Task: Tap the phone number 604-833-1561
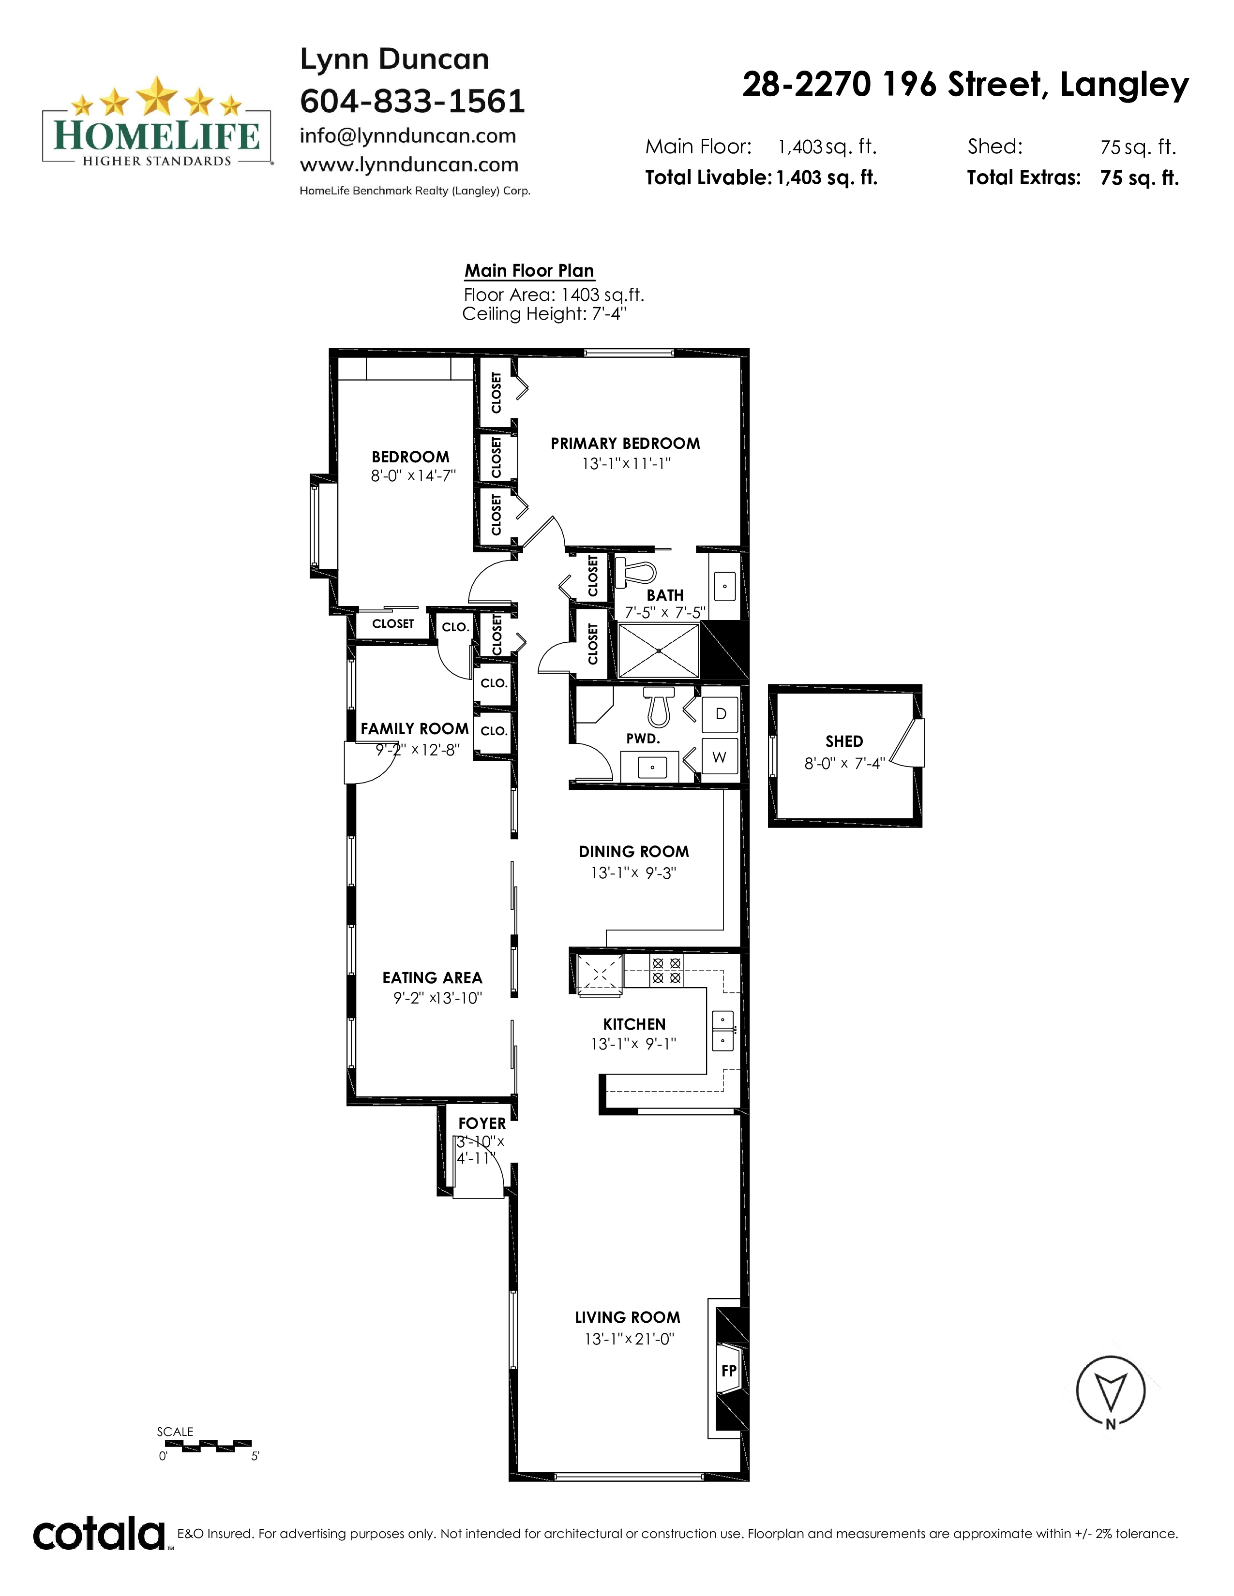412,102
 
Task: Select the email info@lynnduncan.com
408,136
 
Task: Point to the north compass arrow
1111,1392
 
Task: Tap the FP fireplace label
729,1370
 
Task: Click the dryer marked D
720,714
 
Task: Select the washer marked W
720,757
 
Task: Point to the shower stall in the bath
659,650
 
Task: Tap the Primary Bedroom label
625,443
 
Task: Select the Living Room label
627,1317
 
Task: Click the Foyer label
482,1123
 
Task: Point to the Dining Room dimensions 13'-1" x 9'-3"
633,872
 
